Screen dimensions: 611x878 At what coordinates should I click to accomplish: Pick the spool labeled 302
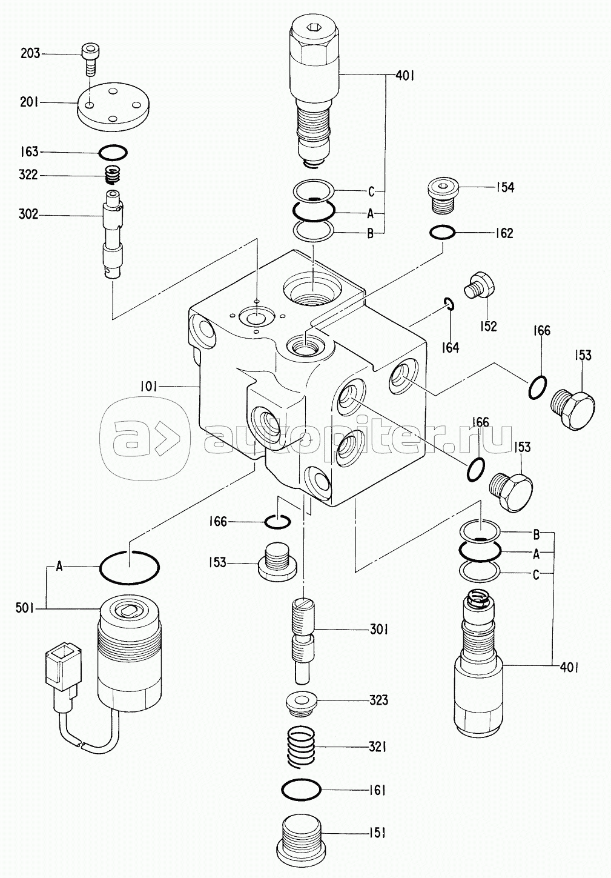114,234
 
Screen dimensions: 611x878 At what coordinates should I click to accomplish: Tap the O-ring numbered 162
442,233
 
